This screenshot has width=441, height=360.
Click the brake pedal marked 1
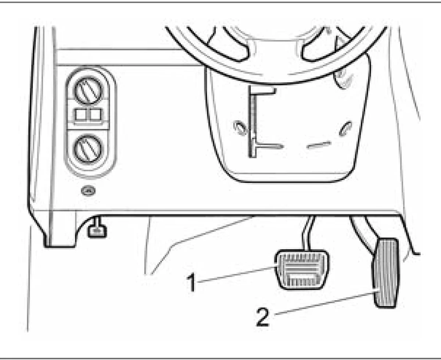pos(302,270)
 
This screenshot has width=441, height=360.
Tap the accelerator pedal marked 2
pos(386,273)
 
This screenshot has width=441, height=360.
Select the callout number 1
pos(191,282)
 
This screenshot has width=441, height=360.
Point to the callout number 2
pos(263,317)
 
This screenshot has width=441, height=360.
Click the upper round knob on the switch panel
pos(89,90)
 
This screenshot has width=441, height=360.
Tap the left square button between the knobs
pos(82,115)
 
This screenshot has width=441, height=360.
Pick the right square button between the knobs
pos(96,115)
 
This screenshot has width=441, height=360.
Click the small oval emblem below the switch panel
pos(89,191)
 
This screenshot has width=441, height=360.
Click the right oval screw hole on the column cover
pos(345,129)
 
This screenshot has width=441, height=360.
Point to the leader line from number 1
pos(236,274)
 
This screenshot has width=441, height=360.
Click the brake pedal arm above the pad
pos(308,233)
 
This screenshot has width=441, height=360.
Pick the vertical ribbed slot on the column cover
pos(252,121)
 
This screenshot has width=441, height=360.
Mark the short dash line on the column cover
pos(319,145)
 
